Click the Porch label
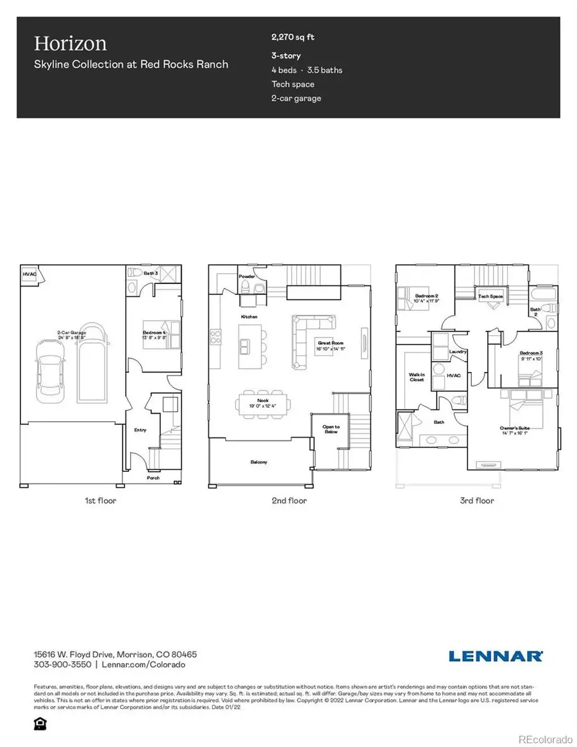coord(153,478)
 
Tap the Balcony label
coord(258,462)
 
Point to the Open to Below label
coord(331,429)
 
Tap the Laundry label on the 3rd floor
coord(457,351)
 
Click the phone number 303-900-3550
coord(63,665)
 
